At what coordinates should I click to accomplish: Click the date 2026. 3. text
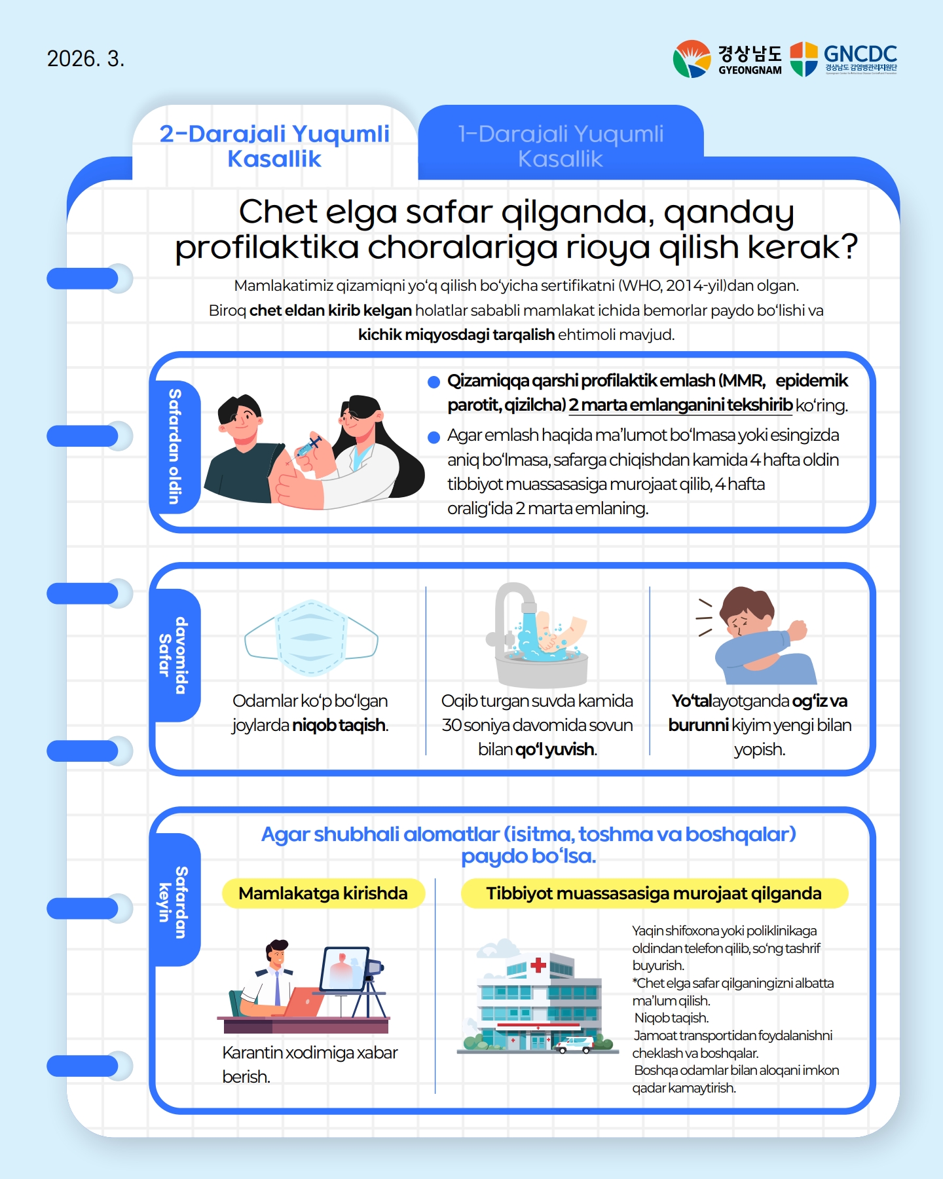coord(86,59)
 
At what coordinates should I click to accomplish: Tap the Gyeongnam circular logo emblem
coord(692,59)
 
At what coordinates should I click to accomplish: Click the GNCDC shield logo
coord(804,59)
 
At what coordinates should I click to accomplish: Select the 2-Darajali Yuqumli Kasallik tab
coord(275,145)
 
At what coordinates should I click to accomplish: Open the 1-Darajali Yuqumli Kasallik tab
coord(561,145)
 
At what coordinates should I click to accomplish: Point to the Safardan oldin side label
coord(174,447)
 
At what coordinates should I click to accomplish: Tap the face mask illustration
coord(311,637)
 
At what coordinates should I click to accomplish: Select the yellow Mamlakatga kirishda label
coord(324,893)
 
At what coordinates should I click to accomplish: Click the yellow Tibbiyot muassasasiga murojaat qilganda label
coord(654,893)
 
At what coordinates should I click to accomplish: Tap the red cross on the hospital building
coord(538,965)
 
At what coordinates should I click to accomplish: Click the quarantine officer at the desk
coord(272,979)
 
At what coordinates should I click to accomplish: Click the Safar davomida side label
coord(174,655)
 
